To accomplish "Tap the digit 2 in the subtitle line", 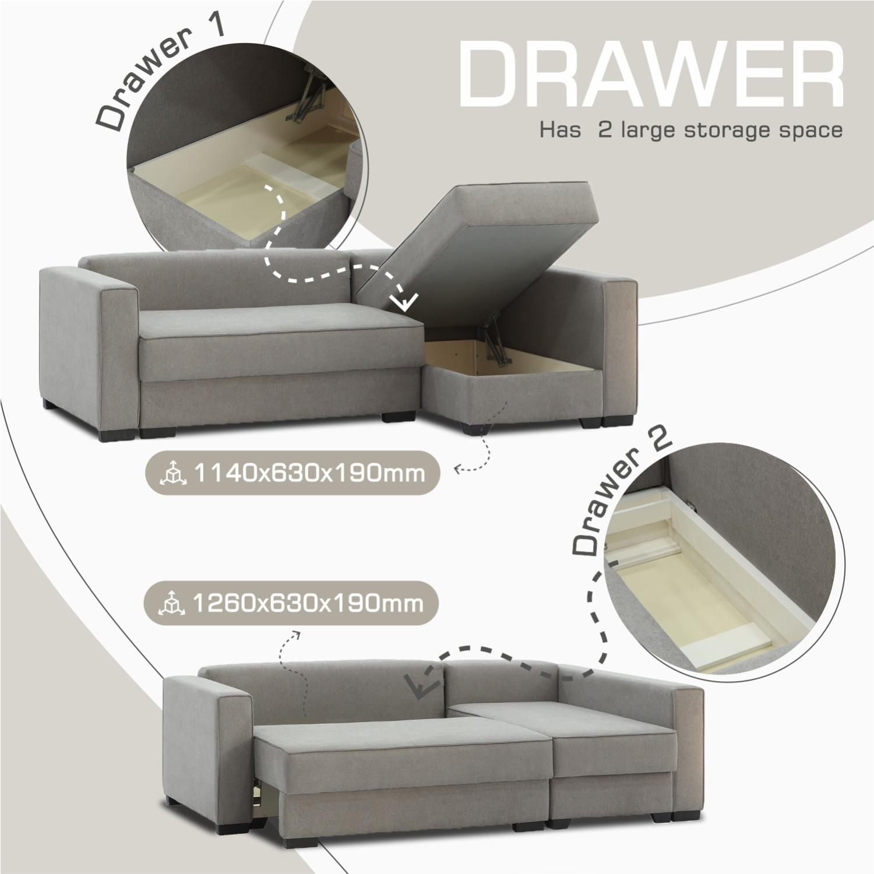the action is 605,129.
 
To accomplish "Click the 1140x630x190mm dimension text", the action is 308,473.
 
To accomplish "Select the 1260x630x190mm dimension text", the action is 307,603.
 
